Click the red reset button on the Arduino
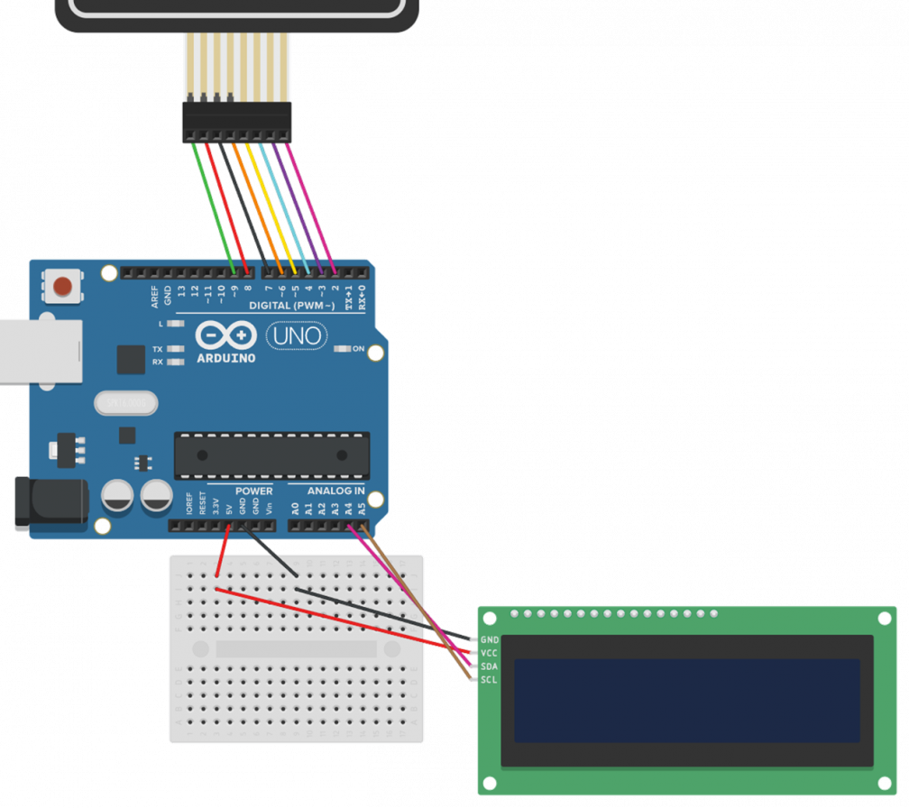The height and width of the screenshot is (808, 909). (x=62, y=287)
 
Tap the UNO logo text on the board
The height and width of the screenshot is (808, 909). (x=295, y=336)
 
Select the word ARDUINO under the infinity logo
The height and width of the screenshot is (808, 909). (x=225, y=358)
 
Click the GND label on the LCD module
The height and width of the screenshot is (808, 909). (x=490, y=639)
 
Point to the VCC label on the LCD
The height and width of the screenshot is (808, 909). (x=490, y=653)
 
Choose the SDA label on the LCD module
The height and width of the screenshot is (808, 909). (x=490, y=666)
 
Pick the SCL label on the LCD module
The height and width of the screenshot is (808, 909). (x=490, y=679)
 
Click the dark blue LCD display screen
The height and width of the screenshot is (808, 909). (x=686, y=700)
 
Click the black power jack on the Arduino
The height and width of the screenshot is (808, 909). (x=50, y=504)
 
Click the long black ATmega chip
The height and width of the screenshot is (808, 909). (x=271, y=455)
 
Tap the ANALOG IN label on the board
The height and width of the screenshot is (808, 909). (x=335, y=491)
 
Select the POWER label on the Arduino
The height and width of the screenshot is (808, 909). (x=253, y=491)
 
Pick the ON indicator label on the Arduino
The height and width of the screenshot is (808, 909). (x=358, y=349)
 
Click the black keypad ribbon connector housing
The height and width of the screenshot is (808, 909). (x=237, y=122)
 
